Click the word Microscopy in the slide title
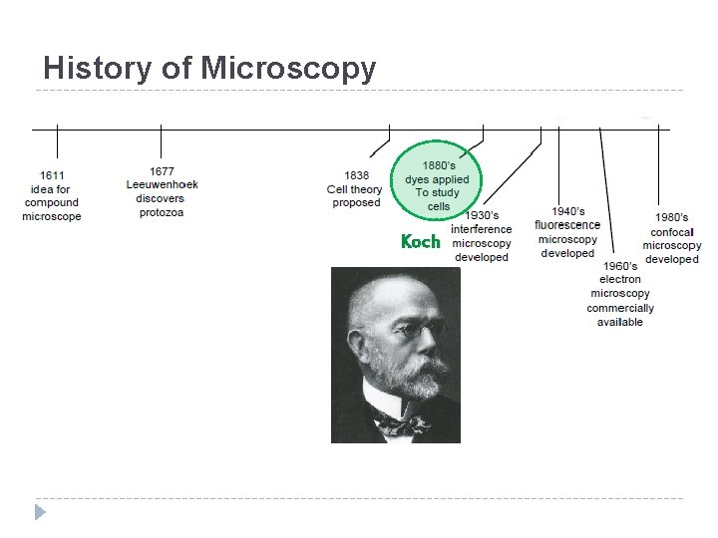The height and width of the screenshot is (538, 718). coord(288,68)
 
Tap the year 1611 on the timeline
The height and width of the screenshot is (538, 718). coord(52,175)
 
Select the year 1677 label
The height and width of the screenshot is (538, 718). coord(162,171)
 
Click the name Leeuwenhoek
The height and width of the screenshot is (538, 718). coord(163,184)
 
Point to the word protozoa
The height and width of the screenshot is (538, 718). coord(162,212)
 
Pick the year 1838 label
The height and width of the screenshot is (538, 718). coord(357,175)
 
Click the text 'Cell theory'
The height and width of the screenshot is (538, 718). coord(355,189)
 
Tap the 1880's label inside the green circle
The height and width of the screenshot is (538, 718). coord(440,165)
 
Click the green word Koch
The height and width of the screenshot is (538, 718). coord(420,241)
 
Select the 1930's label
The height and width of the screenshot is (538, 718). coord(483,215)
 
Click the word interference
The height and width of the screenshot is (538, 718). coord(482,229)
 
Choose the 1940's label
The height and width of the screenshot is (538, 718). coord(568,211)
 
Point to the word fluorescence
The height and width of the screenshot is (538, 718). coord(567,225)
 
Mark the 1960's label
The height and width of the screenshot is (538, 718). coord(620,266)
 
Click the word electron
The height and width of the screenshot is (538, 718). coord(620,280)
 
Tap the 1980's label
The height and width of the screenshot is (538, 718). coord(671,217)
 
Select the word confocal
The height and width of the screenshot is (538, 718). coord(672,232)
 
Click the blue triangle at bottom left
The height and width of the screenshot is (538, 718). coord(40,512)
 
